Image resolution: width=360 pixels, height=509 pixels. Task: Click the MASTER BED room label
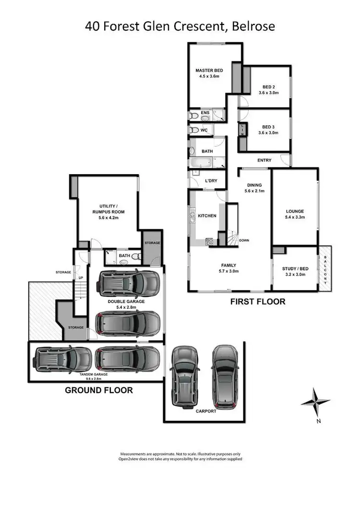point(209,71)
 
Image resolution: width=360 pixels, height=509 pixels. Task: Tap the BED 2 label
point(268,86)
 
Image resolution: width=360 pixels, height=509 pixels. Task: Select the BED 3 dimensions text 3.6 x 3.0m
point(268,133)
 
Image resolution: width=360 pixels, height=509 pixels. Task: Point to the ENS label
point(205,113)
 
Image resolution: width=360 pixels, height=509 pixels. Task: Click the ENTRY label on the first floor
point(264,160)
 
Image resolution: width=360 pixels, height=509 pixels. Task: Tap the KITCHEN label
point(207,216)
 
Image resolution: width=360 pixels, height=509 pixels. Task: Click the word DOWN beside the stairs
point(244,240)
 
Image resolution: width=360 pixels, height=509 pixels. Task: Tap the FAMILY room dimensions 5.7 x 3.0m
point(228,272)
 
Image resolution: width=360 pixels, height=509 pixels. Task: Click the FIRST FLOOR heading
point(258,302)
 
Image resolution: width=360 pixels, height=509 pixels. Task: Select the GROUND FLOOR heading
point(99,390)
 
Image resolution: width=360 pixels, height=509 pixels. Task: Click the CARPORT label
point(206,411)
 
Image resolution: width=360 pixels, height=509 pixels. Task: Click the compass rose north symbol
point(315,402)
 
